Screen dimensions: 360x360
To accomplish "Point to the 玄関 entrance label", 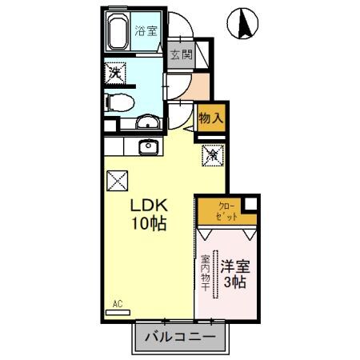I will click(x=182, y=55).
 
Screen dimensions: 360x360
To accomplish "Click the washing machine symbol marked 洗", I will click(x=116, y=73).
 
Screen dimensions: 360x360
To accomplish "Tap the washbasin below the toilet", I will click(x=146, y=122).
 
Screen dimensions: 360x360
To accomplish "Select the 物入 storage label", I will click(x=210, y=117).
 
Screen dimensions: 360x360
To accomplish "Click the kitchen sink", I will click(x=147, y=146).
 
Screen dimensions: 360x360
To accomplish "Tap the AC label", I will click(x=117, y=305).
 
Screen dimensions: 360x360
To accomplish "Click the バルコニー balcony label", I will click(x=179, y=337).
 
